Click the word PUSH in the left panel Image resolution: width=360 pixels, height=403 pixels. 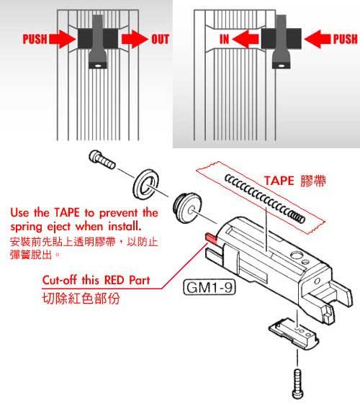point(35,39)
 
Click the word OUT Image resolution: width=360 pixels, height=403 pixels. point(160,39)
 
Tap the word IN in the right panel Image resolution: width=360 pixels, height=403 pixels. point(224,39)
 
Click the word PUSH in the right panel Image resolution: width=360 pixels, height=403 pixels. point(345,39)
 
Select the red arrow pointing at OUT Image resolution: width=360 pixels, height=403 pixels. point(135,39)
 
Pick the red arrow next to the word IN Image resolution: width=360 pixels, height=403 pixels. point(245,39)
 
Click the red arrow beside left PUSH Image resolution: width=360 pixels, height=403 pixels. point(63,39)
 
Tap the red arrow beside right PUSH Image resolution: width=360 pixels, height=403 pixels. point(318,39)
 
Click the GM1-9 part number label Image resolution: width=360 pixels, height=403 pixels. point(210,287)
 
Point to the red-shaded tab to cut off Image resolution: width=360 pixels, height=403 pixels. point(211,238)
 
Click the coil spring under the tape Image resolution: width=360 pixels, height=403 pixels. point(265,198)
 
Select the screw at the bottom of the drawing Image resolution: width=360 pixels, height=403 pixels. point(298,384)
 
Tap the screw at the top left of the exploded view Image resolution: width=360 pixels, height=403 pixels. point(102,159)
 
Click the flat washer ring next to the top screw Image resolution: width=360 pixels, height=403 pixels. point(145,184)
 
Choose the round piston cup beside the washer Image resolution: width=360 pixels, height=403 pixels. point(187,207)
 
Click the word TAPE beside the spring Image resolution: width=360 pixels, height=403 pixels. point(279,181)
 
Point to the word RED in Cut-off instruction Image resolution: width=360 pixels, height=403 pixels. point(114,280)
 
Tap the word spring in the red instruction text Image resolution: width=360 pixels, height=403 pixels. point(27,227)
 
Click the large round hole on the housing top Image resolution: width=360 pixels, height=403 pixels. point(296,255)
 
